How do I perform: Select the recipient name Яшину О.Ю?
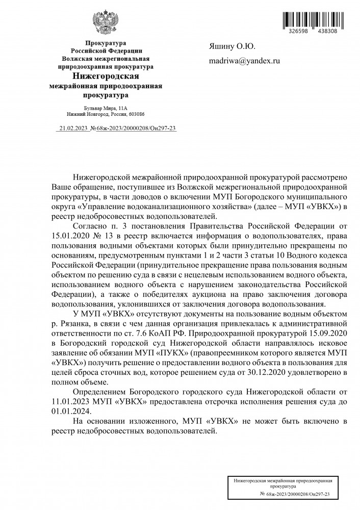(232, 47)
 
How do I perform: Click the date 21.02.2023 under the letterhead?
(73, 129)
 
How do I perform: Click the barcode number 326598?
(298, 31)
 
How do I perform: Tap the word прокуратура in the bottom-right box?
(283, 487)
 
